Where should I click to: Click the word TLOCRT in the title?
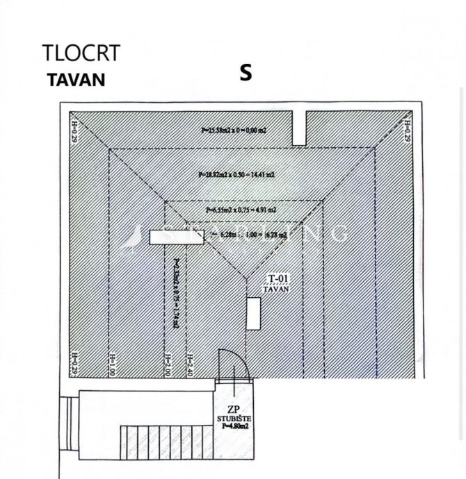point(81,53)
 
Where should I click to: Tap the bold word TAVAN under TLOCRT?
point(76,79)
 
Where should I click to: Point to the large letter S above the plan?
point(245,73)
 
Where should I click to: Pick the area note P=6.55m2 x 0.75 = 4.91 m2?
point(241,209)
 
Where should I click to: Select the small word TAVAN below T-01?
point(277,288)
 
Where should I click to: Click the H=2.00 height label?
point(167,364)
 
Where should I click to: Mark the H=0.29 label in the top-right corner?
point(407,130)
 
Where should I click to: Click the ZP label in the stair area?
point(234,409)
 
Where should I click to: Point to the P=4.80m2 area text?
point(234,426)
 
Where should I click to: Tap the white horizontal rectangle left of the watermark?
point(167,237)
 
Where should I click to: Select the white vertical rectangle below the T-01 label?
point(254,313)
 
